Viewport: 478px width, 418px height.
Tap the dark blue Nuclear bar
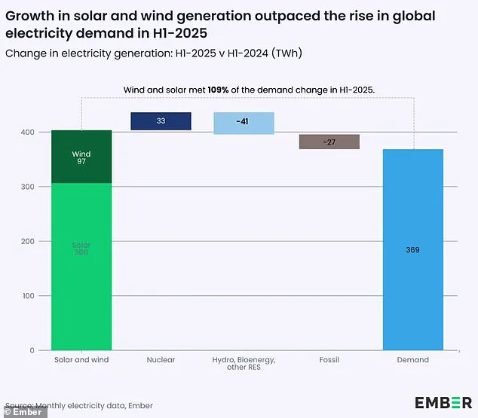(161, 121)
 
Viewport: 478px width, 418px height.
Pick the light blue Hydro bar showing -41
(243, 123)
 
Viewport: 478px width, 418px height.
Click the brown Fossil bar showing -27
(329, 142)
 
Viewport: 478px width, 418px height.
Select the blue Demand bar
(413, 249)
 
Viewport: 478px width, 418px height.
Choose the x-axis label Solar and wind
(81, 360)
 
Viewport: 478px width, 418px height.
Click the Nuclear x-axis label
(161, 360)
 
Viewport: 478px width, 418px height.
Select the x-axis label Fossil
(329, 360)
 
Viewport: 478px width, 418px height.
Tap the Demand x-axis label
(413, 360)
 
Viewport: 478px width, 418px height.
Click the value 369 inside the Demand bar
(413, 249)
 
